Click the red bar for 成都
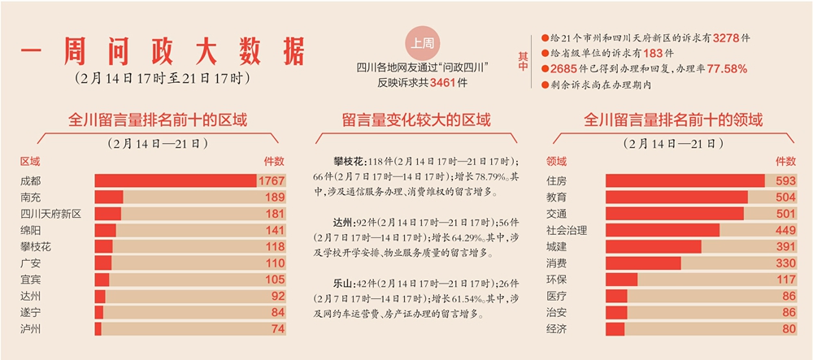coord(175,180)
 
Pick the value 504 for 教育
coord(784,197)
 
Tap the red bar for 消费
coord(642,263)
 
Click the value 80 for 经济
coord(787,329)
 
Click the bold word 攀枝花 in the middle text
coord(350,161)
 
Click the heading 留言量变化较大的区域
coord(415,121)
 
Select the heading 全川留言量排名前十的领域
coord(673,121)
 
